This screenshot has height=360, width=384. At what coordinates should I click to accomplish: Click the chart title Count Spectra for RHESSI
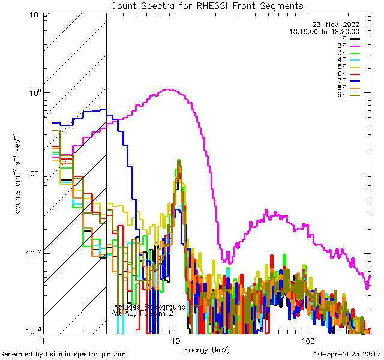tap(207, 6)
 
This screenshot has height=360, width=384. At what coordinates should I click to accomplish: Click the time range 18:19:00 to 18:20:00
tap(325, 31)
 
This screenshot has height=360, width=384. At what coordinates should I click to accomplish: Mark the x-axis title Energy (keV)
tap(207, 350)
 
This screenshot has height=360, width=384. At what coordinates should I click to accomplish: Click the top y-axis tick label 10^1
tap(34, 13)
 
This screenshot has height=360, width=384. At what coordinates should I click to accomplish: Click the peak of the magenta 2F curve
tap(169, 90)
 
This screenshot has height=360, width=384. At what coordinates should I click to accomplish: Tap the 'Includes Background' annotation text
tap(149, 307)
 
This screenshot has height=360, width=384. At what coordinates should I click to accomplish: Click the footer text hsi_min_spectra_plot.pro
tap(85, 355)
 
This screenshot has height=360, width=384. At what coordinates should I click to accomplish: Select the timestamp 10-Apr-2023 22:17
tap(347, 355)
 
